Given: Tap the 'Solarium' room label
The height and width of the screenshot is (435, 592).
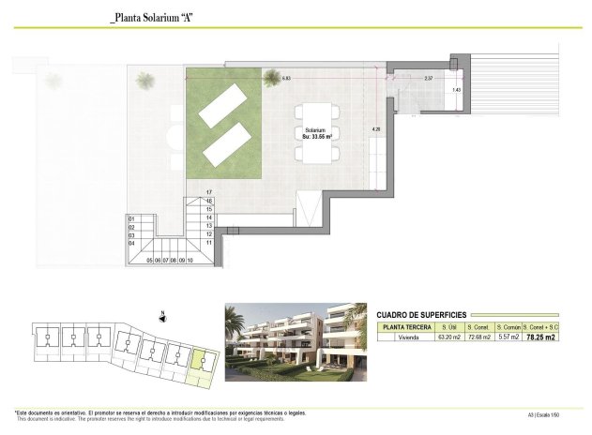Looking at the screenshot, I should click(x=315, y=129).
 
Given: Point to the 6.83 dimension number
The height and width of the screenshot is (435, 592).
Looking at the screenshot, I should click(x=286, y=78).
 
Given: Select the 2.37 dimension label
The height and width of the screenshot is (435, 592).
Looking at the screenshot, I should click(x=428, y=78).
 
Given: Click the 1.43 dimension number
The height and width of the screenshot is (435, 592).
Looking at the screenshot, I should click(x=456, y=89).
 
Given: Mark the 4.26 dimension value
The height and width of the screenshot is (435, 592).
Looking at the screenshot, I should click(x=375, y=127).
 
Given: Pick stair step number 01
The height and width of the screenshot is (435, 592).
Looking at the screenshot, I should click(x=131, y=218).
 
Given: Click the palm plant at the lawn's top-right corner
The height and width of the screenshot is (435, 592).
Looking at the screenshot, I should click(x=271, y=77).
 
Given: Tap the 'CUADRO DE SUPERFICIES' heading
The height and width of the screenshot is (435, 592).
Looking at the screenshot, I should click(x=421, y=315).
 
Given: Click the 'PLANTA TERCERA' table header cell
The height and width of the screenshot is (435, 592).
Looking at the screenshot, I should click(x=406, y=326).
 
